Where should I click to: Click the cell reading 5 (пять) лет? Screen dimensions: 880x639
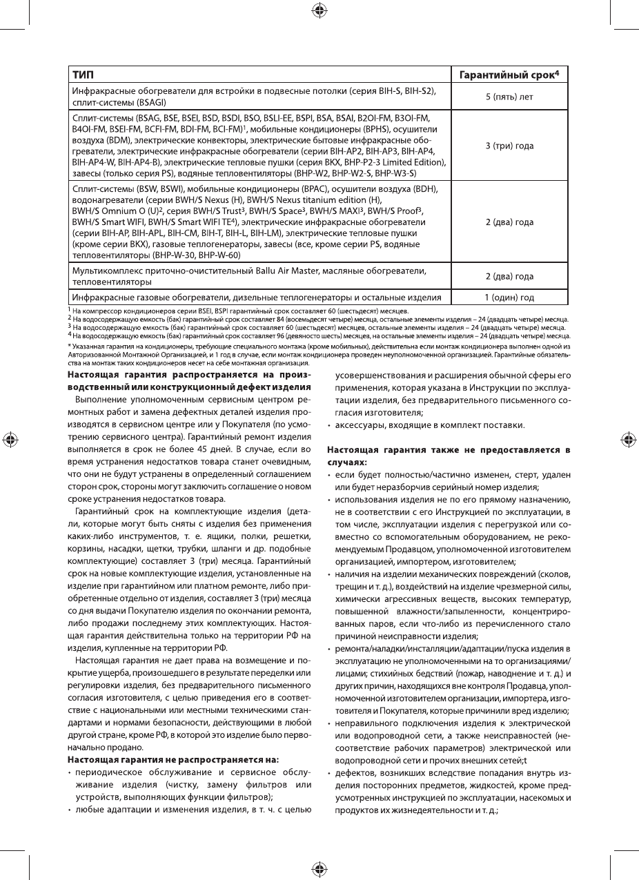coord(509,97)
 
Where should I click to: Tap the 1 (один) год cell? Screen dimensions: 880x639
coord(509,297)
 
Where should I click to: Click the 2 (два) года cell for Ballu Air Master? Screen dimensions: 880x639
coord(509,276)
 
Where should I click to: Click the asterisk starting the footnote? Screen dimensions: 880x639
coord(68,346)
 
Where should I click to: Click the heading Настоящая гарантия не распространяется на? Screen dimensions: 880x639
coord(173,759)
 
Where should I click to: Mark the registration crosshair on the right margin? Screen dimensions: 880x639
coord(628,440)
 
